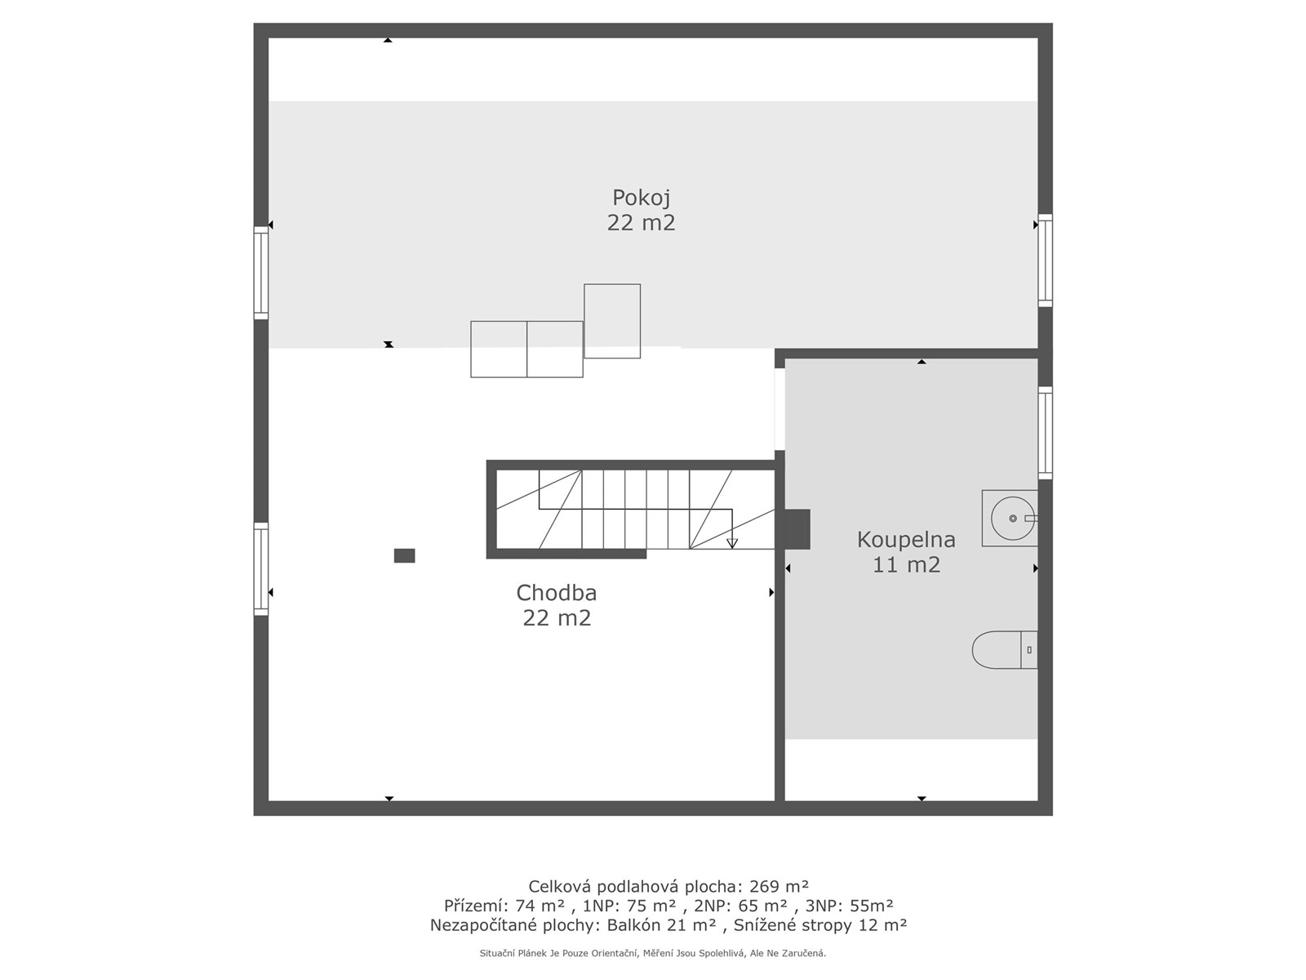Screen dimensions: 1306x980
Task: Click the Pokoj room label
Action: click(641, 197)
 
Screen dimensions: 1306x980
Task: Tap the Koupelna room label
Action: click(905, 540)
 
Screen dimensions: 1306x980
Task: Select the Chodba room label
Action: click(557, 593)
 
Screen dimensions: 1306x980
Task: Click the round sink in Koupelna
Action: click(1011, 519)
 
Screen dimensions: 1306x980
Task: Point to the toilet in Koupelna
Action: click(1005, 650)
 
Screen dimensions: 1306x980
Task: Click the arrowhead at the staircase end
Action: click(732, 543)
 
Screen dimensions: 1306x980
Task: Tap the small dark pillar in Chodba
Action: click(405, 556)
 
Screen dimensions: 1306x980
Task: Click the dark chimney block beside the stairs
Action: click(797, 529)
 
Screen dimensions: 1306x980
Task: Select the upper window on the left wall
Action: click(261, 273)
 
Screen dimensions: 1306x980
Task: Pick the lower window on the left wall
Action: click(261, 569)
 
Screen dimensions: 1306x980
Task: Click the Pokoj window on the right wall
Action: click(1046, 261)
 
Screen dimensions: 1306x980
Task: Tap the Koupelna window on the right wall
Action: click(1046, 433)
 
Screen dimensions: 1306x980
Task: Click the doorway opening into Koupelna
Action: click(780, 409)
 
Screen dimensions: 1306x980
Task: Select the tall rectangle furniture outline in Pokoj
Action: click(612, 321)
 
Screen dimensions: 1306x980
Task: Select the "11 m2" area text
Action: click(906, 564)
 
